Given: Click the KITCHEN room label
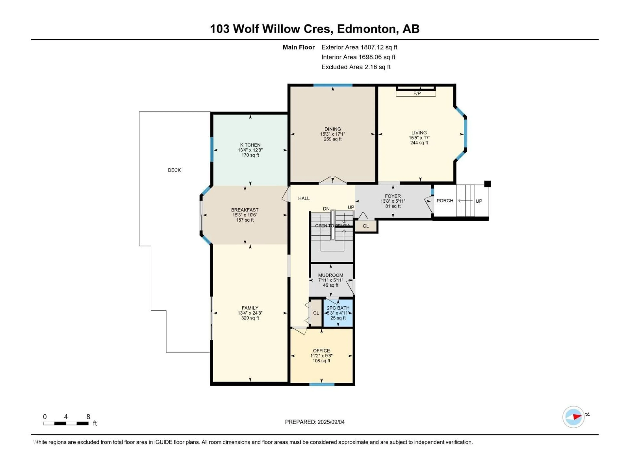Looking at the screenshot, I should [x=250, y=145].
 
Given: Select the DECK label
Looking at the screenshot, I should [x=174, y=170].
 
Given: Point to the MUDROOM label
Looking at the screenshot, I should [x=330, y=275].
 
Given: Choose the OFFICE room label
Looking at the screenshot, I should [x=321, y=351].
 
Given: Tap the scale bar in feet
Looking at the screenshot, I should [x=66, y=423].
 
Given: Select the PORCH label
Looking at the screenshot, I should [x=445, y=201].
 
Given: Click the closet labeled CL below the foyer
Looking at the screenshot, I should [x=366, y=226].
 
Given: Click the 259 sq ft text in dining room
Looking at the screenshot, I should [x=332, y=139].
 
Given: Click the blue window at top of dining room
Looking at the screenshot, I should [x=333, y=85].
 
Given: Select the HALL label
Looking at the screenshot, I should [x=304, y=198].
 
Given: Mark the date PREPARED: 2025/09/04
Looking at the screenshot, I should [x=315, y=422].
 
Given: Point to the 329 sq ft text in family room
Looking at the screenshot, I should [x=250, y=318].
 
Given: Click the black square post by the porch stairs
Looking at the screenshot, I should [x=487, y=184].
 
